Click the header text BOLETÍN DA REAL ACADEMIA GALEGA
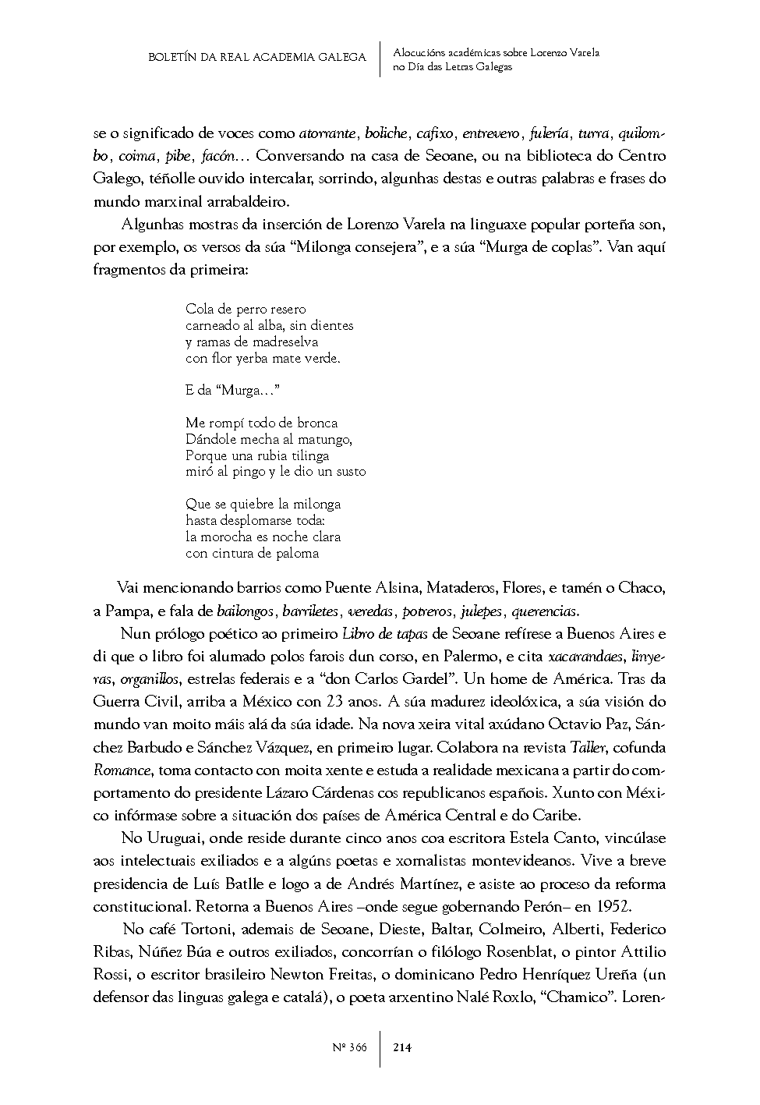point(257,58)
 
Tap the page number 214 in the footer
point(402,1047)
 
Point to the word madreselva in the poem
point(284,342)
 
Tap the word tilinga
point(305,455)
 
